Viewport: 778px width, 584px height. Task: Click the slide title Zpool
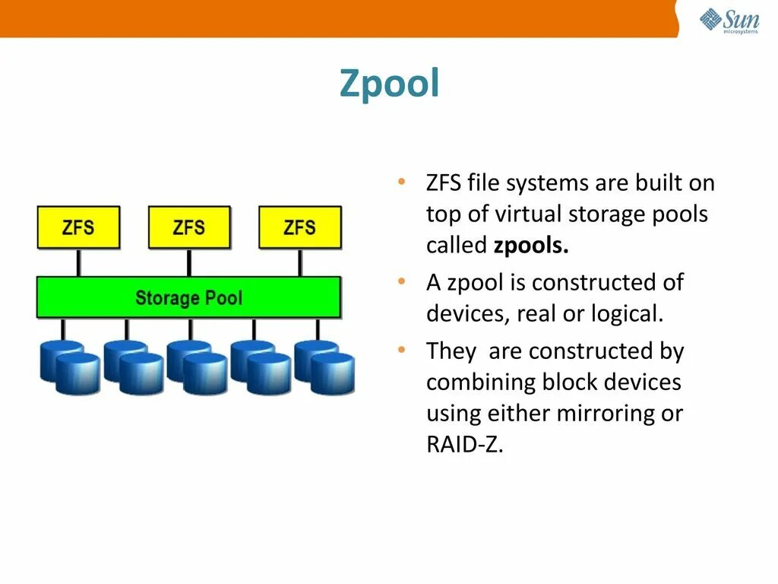click(389, 84)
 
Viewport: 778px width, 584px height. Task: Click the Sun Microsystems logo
click(729, 21)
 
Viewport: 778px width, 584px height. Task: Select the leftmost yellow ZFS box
click(78, 227)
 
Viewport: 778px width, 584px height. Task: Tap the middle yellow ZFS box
click(189, 227)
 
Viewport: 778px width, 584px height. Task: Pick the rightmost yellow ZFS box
click(300, 227)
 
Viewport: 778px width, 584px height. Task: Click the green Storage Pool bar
click(188, 297)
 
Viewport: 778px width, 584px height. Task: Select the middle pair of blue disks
click(197, 367)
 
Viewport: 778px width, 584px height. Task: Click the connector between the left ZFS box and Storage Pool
click(78, 262)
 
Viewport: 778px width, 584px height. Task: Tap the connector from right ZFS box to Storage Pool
click(300, 262)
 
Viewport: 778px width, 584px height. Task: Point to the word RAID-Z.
click(464, 445)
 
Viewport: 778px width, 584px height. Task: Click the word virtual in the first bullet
click(530, 214)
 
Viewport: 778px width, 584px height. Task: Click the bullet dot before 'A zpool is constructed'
click(400, 282)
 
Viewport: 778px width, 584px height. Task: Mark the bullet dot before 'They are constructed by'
click(400, 351)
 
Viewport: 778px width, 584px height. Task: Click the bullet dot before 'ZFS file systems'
click(400, 182)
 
